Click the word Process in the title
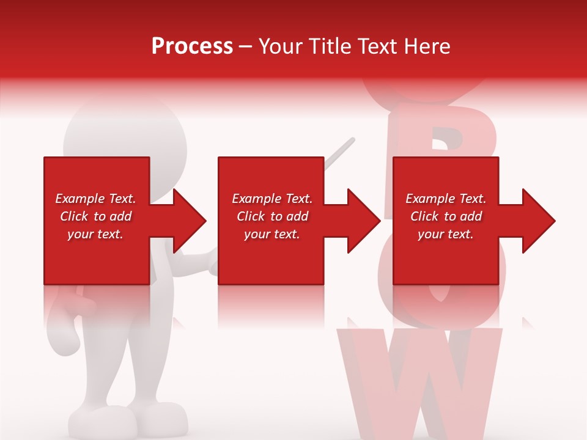192,46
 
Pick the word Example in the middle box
254,199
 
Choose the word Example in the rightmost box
428,199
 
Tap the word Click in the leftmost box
74,216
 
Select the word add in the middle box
297,216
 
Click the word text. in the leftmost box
110,234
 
